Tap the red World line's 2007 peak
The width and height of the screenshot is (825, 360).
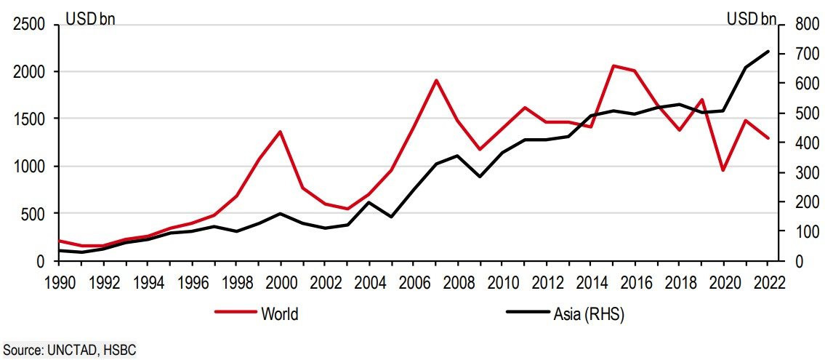click(x=435, y=80)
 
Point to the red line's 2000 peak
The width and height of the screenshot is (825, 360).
click(x=280, y=132)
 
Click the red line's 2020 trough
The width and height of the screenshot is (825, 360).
click(x=723, y=170)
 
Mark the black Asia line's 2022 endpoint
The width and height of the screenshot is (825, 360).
click(x=768, y=52)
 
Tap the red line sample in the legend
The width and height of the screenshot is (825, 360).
click(x=236, y=313)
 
